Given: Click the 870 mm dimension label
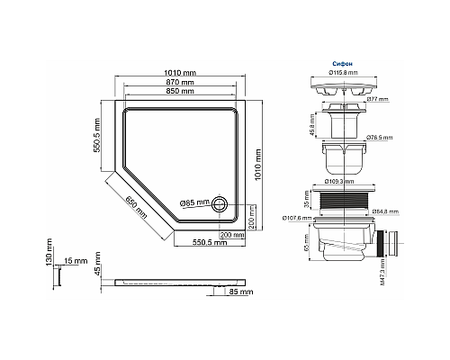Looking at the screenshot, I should click(179, 82).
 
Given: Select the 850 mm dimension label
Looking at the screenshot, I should click(179, 92).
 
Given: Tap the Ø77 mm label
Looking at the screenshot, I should click(378, 99).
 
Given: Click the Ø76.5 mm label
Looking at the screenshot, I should click(380, 139).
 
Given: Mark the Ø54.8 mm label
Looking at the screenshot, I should click(390, 212).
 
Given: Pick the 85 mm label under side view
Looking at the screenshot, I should click(240, 292).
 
